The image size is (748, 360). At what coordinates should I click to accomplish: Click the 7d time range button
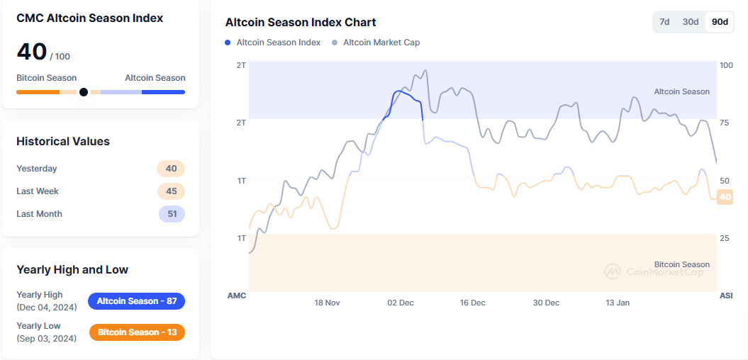(664, 22)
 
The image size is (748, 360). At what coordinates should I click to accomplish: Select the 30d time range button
(691, 22)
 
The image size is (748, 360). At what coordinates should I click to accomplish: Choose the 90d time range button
(720, 22)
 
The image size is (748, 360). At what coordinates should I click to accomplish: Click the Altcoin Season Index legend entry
(273, 43)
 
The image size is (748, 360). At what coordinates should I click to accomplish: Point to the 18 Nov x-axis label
(328, 303)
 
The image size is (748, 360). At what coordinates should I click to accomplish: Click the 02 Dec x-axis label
(401, 303)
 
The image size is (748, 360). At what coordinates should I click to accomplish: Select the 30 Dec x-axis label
(546, 303)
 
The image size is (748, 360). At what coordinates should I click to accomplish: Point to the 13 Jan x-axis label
(618, 303)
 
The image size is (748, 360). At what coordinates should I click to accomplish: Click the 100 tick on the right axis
(726, 65)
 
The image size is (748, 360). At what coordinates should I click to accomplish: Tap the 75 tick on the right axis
(725, 123)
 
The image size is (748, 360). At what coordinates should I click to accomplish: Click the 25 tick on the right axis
(725, 238)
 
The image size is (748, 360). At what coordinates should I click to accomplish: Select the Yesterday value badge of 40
(171, 169)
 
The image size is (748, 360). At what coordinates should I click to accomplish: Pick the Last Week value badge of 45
(171, 191)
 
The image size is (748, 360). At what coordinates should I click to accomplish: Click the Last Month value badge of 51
(171, 214)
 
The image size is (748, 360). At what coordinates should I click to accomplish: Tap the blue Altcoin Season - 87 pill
(136, 301)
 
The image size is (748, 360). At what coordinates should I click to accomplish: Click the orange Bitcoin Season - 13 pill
(137, 332)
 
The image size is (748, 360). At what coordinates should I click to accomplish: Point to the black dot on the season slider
(84, 92)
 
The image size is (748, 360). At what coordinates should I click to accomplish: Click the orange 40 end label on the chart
(725, 197)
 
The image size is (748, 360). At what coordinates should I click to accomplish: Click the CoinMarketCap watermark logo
(612, 271)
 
